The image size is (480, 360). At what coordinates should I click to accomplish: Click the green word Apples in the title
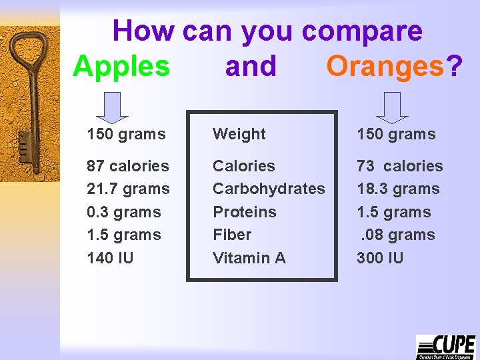click(121, 67)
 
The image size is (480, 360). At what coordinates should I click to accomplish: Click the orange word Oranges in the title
click(385, 67)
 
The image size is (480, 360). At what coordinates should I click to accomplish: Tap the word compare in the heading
click(361, 31)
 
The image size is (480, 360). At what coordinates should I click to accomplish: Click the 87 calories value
click(128, 166)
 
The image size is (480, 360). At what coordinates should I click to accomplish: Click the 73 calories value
click(399, 166)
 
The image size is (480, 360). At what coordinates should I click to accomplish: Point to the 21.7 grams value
click(128, 189)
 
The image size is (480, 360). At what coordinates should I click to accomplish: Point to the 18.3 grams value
click(398, 189)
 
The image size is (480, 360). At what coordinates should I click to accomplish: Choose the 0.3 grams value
click(124, 212)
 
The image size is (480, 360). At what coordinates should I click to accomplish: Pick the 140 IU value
click(110, 258)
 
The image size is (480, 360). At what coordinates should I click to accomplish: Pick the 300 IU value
click(380, 258)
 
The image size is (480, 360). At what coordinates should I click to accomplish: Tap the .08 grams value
click(397, 235)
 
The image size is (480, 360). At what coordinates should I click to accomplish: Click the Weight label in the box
click(239, 134)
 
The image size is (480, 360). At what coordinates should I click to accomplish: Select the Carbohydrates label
click(269, 189)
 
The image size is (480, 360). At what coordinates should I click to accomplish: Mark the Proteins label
click(244, 212)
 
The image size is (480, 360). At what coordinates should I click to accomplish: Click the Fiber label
click(231, 235)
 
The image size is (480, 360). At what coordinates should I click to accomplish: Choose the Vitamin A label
click(249, 258)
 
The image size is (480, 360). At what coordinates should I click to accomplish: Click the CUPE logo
click(445, 347)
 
